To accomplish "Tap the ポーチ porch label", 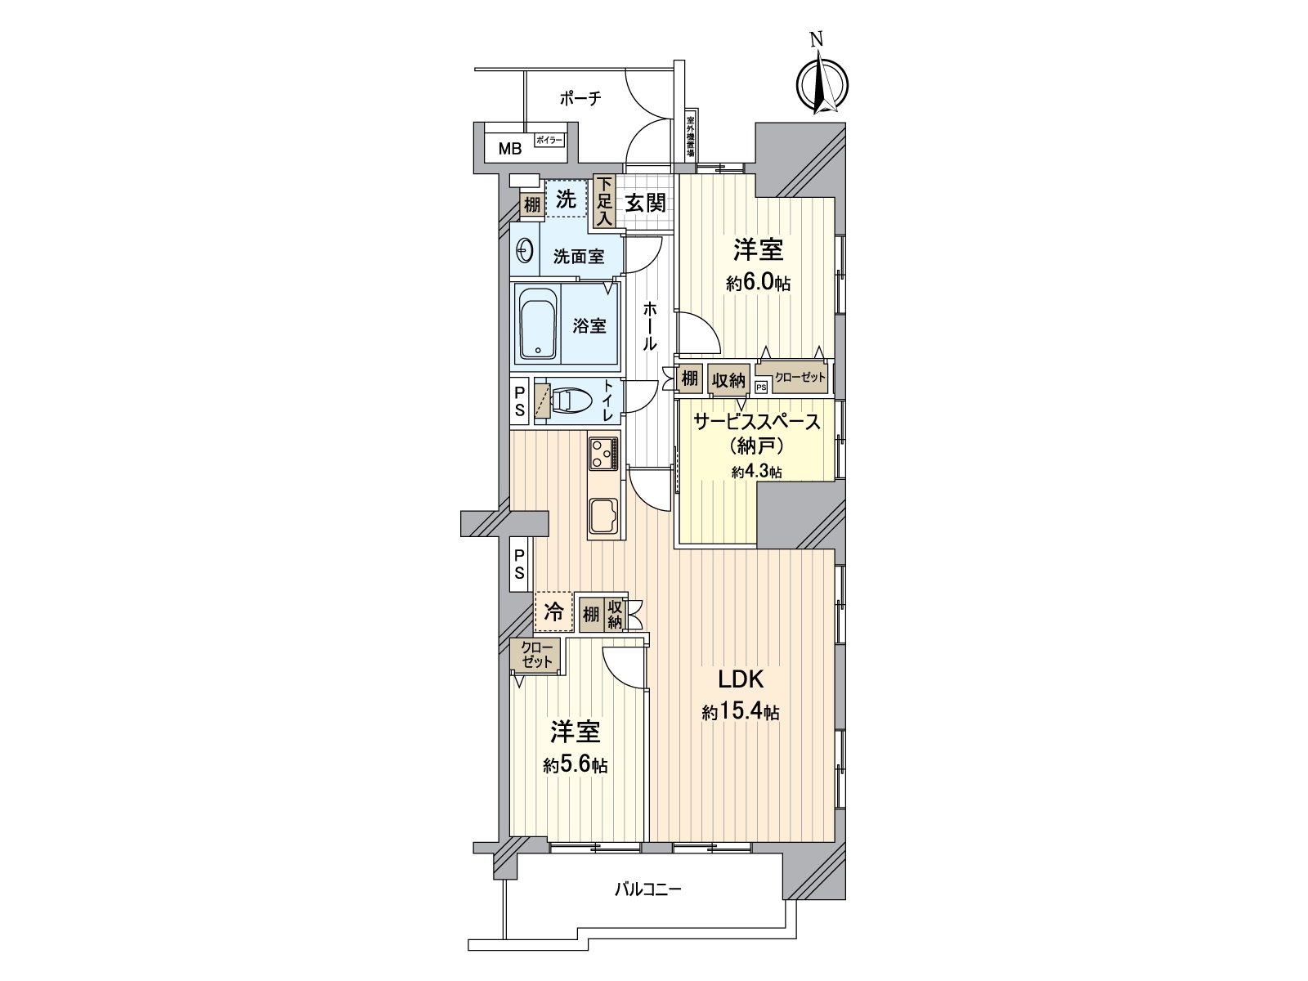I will tap(580, 99).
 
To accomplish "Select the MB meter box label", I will tap(510, 149).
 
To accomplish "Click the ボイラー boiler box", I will tap(549, 141).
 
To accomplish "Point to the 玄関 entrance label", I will tap(646, 203).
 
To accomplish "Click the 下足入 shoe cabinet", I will tap(604, 202).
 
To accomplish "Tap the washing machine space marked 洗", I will tap(566, 199).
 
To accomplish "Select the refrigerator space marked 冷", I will tap(553, 612).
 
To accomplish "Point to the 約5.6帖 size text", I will tap(576, 765).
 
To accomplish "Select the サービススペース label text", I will tap(756, 422).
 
